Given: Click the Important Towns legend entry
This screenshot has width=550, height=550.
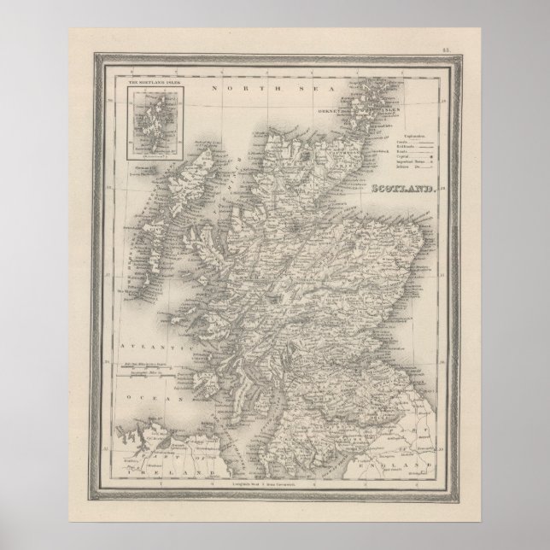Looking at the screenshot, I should click(x=413, y=165).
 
